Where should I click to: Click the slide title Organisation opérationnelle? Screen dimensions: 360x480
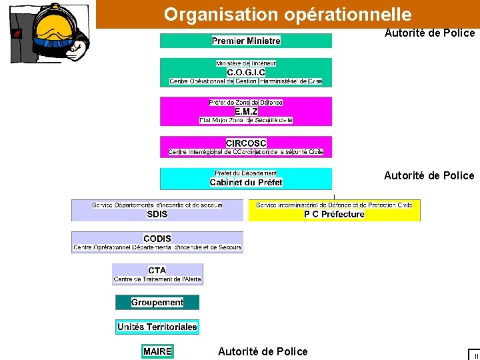[287, 14]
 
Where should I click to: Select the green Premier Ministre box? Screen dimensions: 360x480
[246, 41]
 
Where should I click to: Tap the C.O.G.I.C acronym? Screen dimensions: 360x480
[246, 72]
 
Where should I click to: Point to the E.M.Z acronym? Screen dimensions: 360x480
[246, 111]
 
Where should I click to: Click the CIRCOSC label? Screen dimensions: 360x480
[246, 143]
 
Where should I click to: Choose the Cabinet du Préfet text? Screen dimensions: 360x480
[246, 182]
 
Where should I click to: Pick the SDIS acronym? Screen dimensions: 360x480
[157, 214]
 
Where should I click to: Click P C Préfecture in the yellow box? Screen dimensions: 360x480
[334, 214]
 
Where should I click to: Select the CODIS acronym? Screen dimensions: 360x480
[157, 239]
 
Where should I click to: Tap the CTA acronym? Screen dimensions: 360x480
[157, 270]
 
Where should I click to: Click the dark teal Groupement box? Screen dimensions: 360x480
[157, 303]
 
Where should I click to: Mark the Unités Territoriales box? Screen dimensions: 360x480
[157, 327]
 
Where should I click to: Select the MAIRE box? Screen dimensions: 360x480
[157, 351]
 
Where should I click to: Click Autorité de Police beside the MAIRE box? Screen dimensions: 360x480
[263, 351]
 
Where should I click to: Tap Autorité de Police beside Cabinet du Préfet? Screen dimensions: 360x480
[429, 176]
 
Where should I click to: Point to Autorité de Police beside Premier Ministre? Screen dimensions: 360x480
[429, 33]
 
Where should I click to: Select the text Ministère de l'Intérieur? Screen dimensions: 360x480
[246, 63]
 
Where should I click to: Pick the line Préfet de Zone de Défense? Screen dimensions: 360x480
[246, 103]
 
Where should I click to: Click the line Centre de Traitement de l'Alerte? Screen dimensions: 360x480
[157, 279]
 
